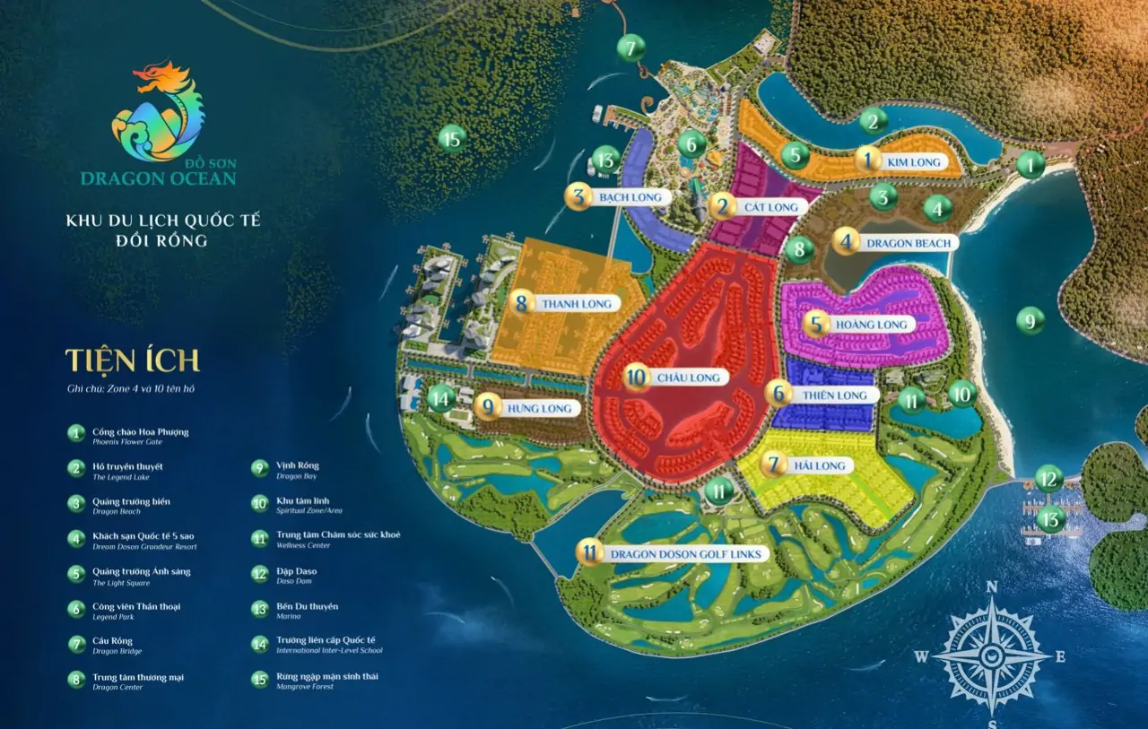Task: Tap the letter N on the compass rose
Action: point(992,587)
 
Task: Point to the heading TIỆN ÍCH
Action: point(132,360)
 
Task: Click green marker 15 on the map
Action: point(452,139)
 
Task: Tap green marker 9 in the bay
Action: point(1031,319)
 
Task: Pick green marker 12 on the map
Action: point(1048,478)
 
